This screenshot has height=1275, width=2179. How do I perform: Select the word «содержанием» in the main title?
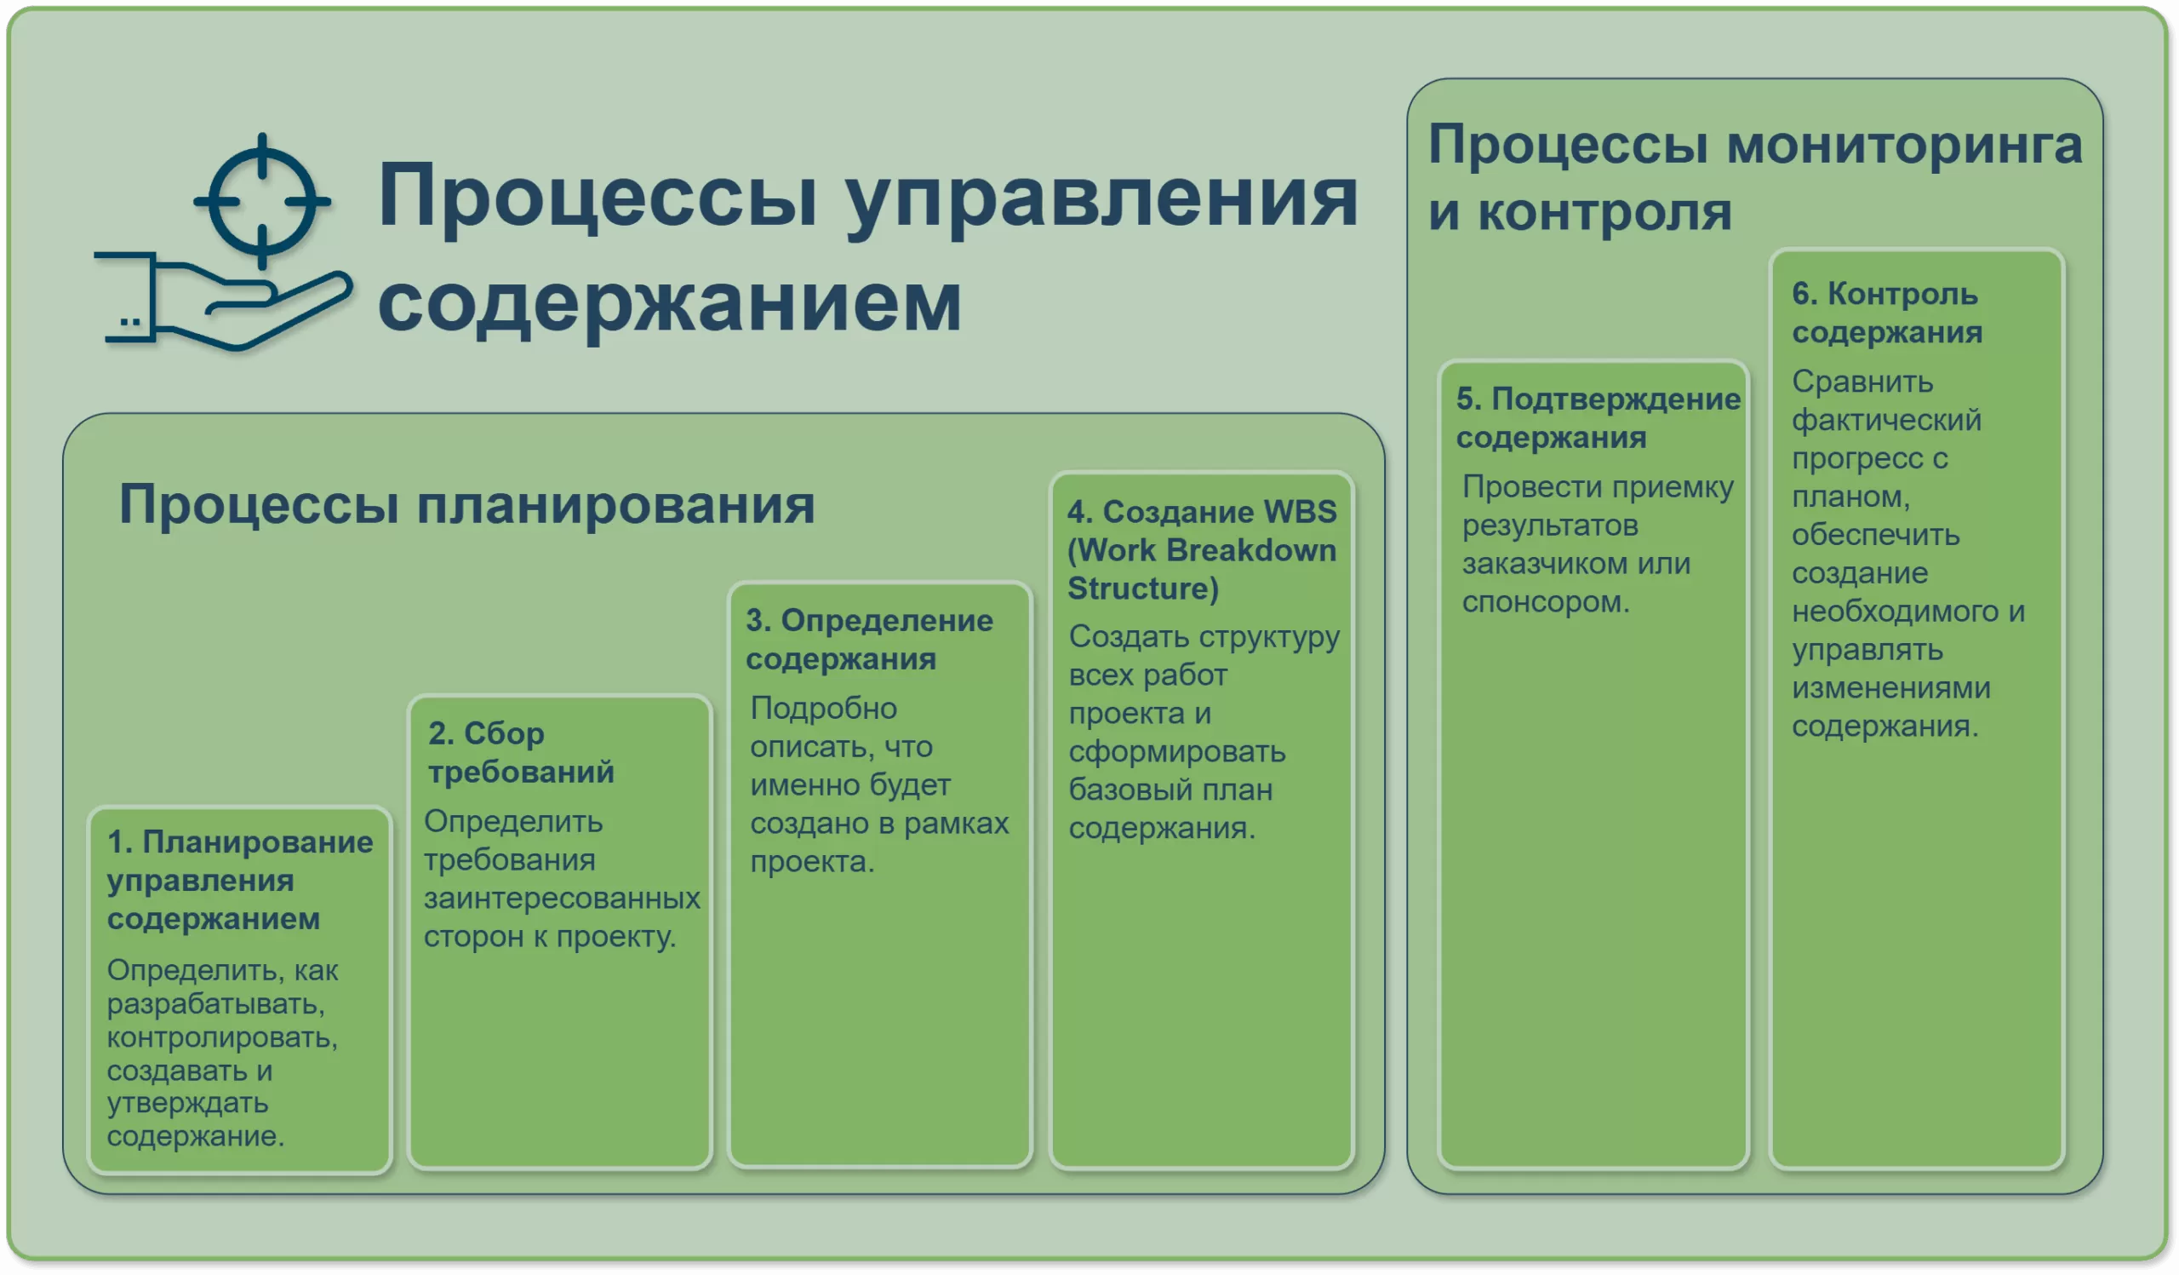pyautogui.click(x=669, y=302)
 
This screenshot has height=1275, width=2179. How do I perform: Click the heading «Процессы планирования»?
pyautogui.click(x=467, y=503)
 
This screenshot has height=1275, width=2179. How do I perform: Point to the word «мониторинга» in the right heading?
pyautogui.click(x=1905, y=145)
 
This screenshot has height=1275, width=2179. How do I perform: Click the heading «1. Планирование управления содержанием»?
pyautogui.click(x=239, y=880)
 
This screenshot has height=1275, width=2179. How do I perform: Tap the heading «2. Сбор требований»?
pyautogui.click(x=521, y=753)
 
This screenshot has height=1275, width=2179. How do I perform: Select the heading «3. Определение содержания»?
pyautogui.click(x=869, y=640)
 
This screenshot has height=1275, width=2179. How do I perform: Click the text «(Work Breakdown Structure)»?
pyautogui.click(x=1201, y=569)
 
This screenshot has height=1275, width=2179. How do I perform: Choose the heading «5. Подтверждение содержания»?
pyautogui.click(x=1598, y=418)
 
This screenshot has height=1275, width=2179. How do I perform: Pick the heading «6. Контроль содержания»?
pyautogui.click(x=1886, y=313)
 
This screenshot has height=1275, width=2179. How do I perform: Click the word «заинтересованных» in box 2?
pyautogui.click(x=561, y=898)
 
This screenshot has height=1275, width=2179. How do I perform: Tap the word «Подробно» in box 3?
pyautogui.click(x=823, y=708)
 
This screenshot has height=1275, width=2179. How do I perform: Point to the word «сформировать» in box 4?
pyautogui.click(x=1177, y=752)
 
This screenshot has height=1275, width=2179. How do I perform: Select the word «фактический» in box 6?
pyautogui.click(x=1886, y=420)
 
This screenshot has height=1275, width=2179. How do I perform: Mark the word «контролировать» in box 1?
pyautogui.click(x=222, y=1037)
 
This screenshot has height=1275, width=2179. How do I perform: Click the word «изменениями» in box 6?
pyautogui.click(x=1891, y=687)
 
